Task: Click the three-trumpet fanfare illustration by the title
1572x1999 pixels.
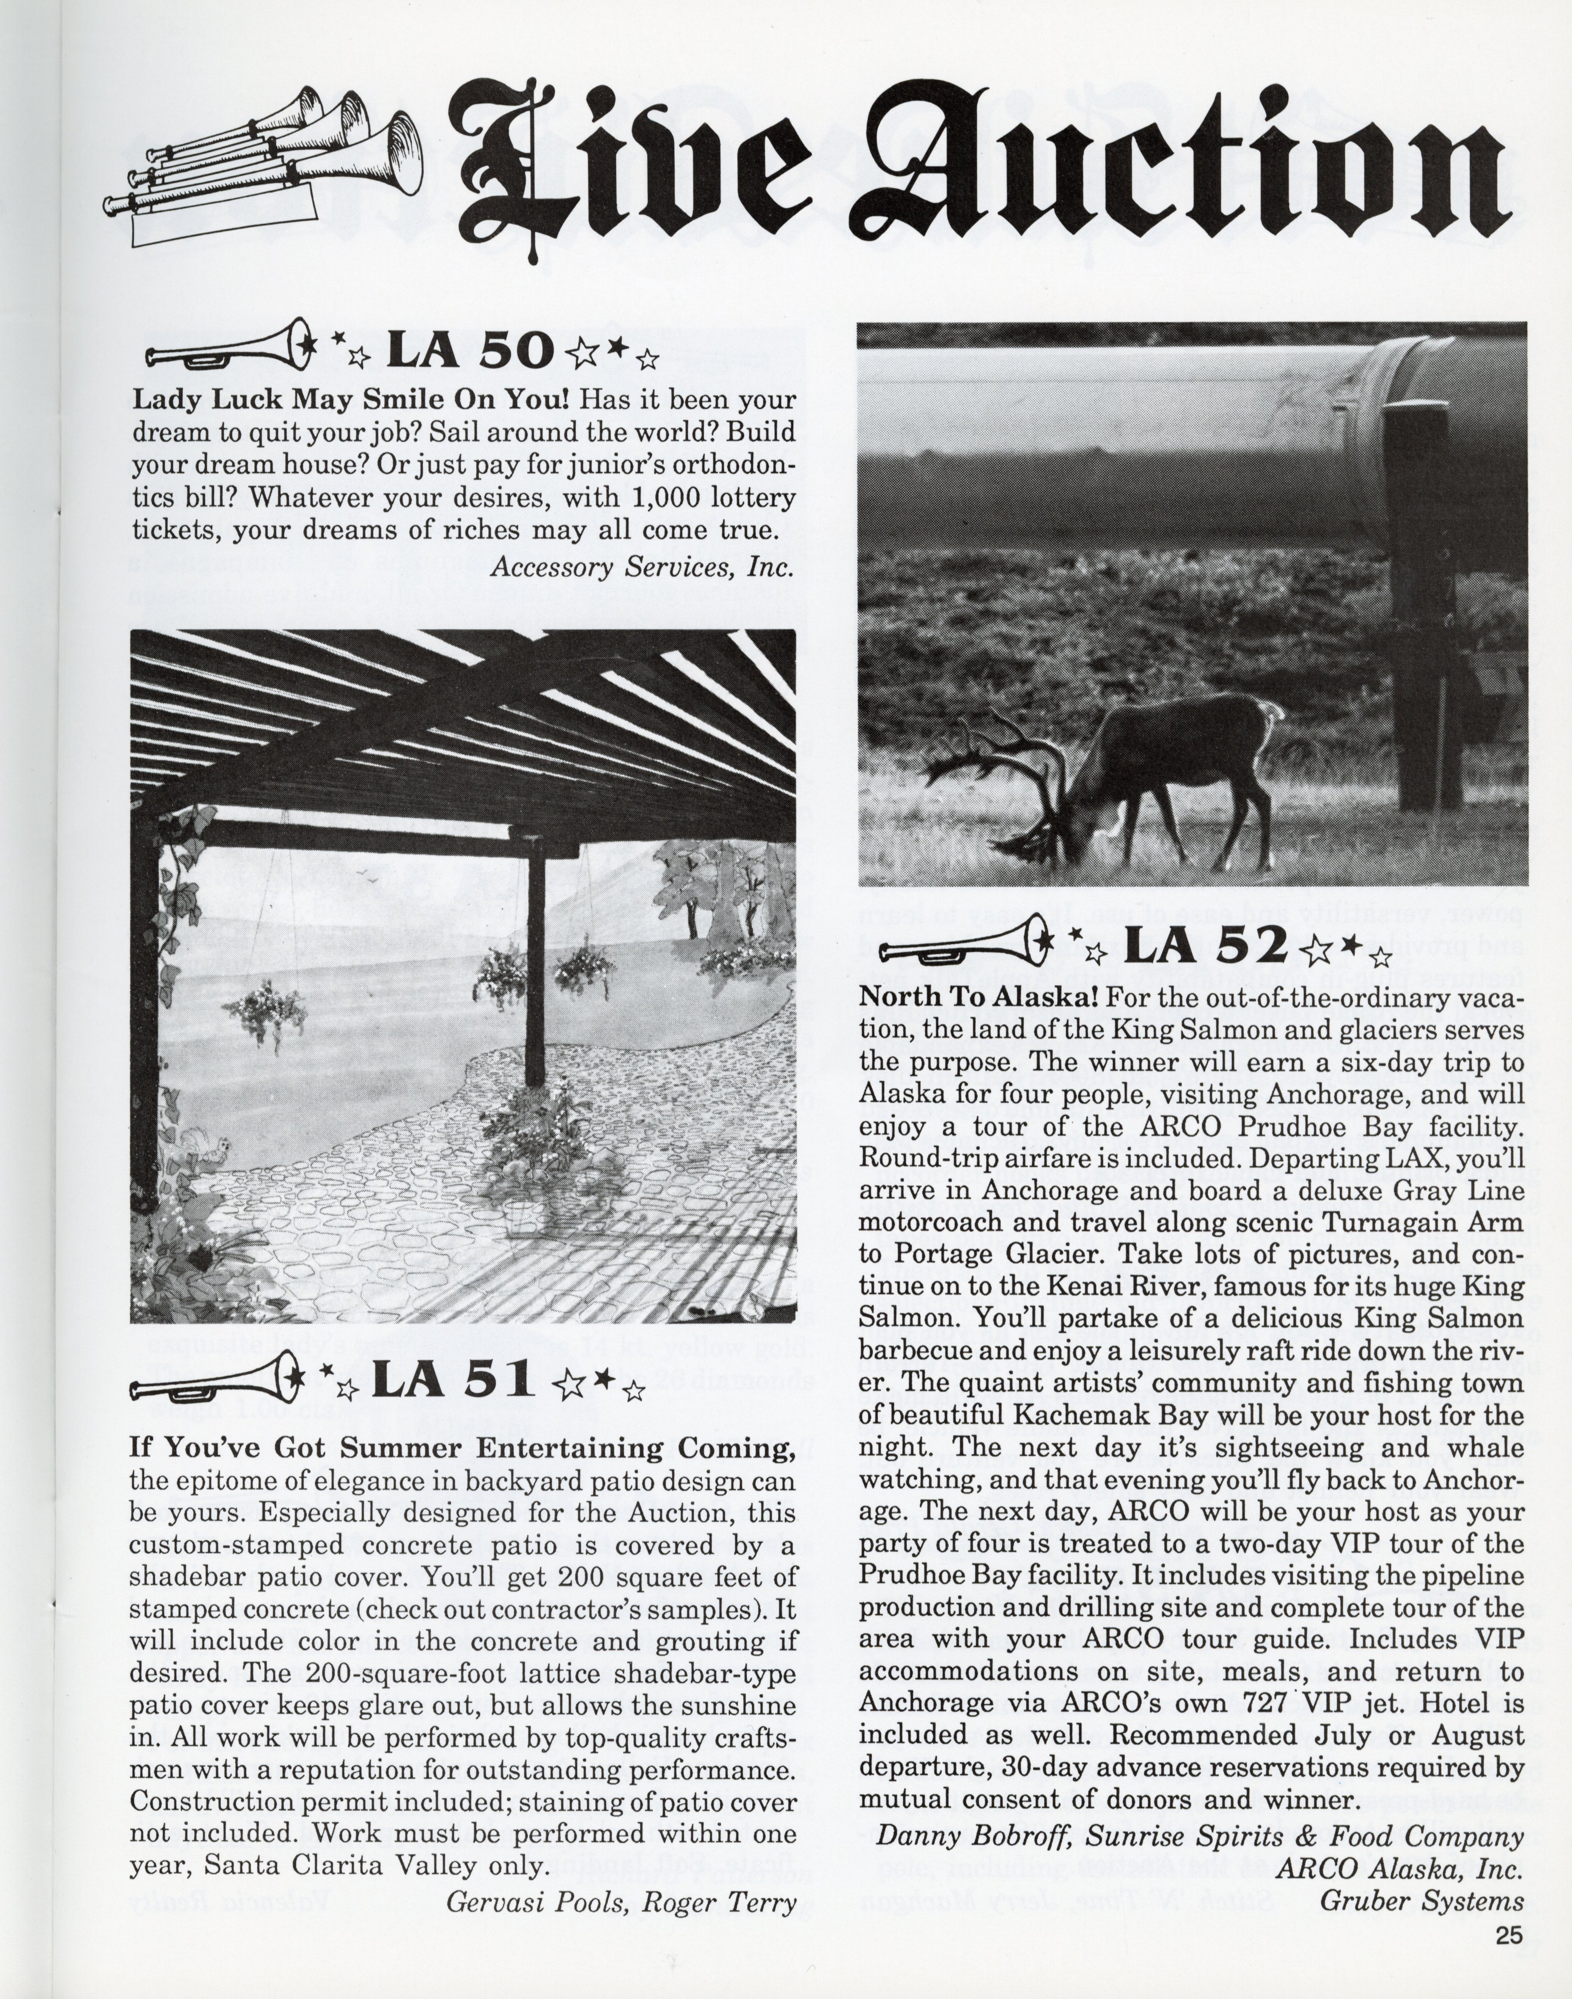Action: pyautogui.click(x=267, y=166)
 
